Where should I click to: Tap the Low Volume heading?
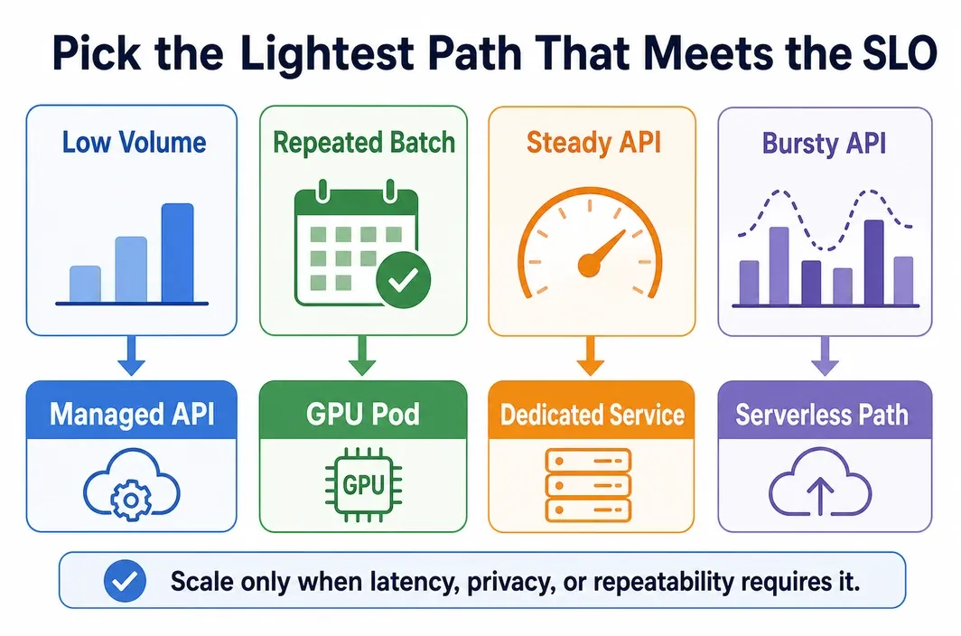(134, 143)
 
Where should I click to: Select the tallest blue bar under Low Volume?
(178, 253)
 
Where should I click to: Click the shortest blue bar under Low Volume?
(85, 284)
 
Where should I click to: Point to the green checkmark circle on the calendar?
(403, 280)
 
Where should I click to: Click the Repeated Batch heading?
(364, 143)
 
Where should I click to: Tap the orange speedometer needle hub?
(589, 266)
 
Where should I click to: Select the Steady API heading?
(594, 143)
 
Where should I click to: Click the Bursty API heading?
(825, 144)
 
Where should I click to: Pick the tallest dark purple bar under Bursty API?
(874, 262)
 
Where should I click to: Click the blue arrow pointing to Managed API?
(131, 356)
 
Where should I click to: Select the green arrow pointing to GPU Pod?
(362, 356)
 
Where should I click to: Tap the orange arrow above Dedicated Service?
(591, 356)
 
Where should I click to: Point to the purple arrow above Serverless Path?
(825, 356)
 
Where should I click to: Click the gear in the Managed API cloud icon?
(131, 500)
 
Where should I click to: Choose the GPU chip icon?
(363, 484)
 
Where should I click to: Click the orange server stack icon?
(588, 485)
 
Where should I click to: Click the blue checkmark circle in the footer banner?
(125, 581)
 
